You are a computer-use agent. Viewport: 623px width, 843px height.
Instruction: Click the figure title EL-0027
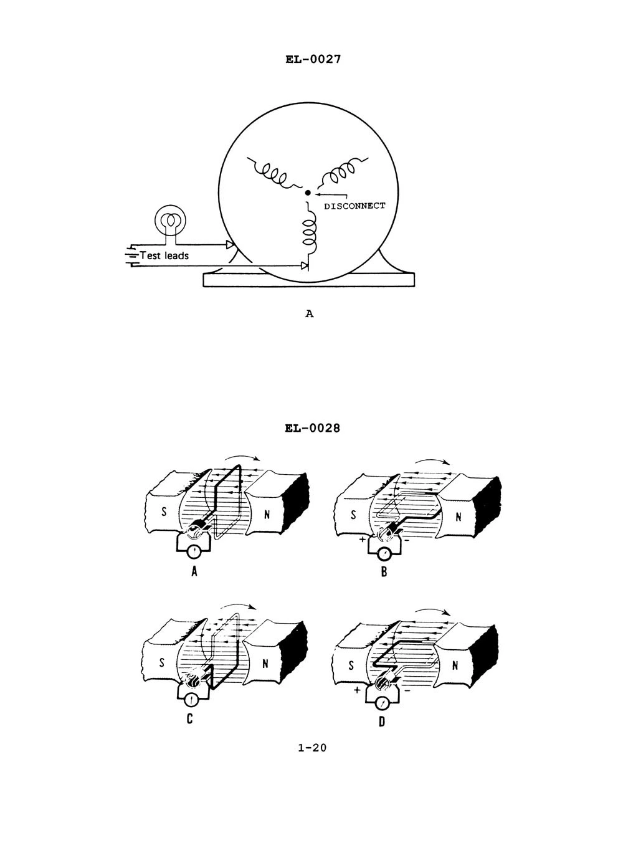tap(313, 59)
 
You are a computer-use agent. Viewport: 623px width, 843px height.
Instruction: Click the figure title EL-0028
tap(313, 428)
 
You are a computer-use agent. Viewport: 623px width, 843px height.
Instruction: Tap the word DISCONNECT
tap(354, 206)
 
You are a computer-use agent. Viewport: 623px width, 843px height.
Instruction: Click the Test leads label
tap(164, 255)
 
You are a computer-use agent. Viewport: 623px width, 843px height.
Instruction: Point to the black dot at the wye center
tap(308, 193)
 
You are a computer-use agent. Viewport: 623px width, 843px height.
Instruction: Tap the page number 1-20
tap(312, 748)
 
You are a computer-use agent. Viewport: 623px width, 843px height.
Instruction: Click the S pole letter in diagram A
tap(164, 512)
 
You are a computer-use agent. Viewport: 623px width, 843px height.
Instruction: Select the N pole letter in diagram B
tap(459, 517)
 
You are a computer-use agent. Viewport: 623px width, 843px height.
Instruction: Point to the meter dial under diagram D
tap(381, 704)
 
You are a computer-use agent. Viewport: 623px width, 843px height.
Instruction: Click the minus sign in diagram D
tap(406, 690)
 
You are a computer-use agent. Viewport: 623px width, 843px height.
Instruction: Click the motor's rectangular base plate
tap(308, 280)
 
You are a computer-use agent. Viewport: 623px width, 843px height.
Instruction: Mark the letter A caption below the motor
tap(310, 313)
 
